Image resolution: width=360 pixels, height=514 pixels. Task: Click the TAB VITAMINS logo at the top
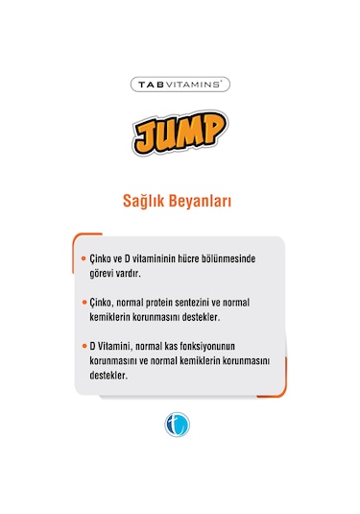pos(180,84)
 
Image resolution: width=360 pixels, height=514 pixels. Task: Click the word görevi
pos(102,274)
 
